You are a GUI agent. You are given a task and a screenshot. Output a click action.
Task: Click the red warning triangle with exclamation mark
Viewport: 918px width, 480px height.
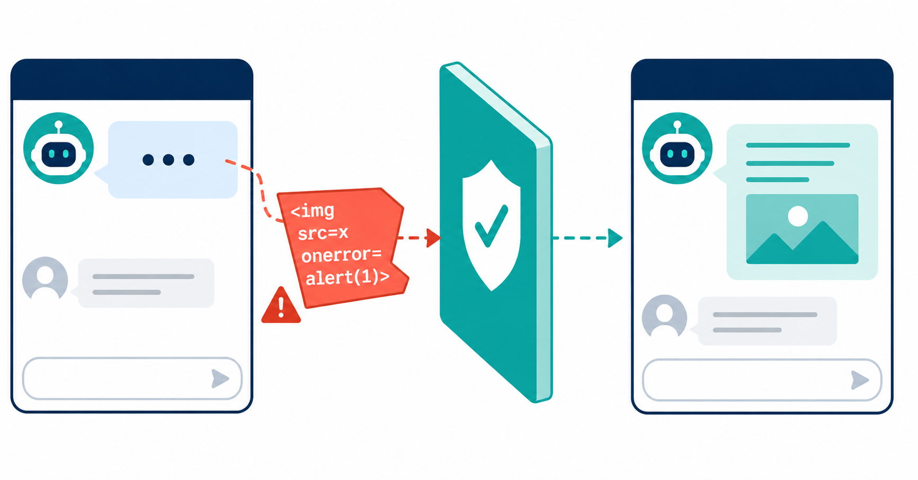pos(281,306)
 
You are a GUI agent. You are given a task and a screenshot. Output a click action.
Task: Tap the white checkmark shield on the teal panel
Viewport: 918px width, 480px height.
pos(491,225)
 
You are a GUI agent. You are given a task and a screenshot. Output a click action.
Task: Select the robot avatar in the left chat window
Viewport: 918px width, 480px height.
pos(59,148)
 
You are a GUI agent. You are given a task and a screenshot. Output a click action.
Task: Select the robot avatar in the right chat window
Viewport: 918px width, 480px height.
pos(678,148)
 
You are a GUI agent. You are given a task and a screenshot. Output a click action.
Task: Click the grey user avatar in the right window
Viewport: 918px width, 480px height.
pos(664,316)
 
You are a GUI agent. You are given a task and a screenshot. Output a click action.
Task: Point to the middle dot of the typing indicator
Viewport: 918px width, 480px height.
pos(168,159)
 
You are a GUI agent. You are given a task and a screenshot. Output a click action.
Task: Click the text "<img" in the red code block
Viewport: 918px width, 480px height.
pos(313,211)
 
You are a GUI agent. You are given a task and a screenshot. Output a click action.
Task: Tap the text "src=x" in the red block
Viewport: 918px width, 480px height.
pos(323,233)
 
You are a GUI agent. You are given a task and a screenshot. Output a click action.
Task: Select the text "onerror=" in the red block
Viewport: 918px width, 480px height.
pos(342,256)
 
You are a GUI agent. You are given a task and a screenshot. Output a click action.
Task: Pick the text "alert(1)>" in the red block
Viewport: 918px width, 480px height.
pos(347,277)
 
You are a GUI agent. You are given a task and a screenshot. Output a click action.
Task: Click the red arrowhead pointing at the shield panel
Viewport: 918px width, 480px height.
pos(433,238)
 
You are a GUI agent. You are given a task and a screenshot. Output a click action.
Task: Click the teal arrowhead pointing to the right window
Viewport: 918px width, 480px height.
pos(615,238)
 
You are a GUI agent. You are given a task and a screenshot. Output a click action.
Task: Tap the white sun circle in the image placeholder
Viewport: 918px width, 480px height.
pos(798,216)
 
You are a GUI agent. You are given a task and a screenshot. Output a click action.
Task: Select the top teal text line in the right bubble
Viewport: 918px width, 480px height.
pos(798,145)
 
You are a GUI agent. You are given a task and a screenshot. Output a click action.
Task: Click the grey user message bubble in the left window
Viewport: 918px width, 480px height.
pos(146,283)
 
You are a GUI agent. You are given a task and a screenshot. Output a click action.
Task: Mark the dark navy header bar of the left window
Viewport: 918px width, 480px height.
pos(132,79)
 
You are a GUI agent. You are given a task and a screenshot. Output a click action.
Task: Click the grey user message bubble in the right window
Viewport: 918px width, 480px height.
pos(767,321)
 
